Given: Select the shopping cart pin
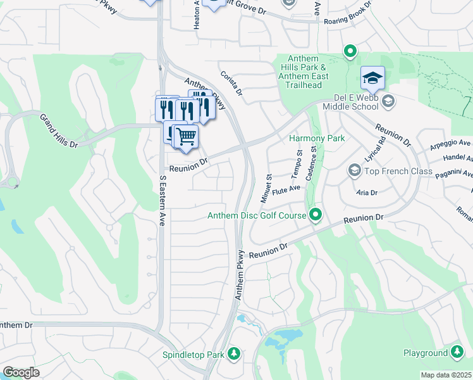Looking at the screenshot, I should (x=185, y=136).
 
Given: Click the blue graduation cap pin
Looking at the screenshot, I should (x=372, y=79).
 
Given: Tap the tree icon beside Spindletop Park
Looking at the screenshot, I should (x=234, y=353).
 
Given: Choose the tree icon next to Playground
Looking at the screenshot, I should (x=458, y=352).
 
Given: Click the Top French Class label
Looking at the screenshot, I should (x=398, y=171).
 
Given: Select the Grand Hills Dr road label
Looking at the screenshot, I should (x=59, y=131).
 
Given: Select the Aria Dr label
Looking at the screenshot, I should (x=367, y=192).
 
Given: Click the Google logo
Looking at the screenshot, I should (x=21, y=372).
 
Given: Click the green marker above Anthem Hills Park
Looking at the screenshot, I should (x=349, y=51).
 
